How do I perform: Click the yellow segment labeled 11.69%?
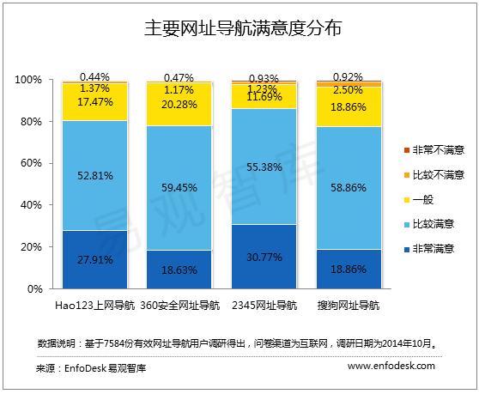[x=264, y=97]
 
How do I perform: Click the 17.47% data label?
[x=94, y=101]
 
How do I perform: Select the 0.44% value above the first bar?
[x=94, y=76]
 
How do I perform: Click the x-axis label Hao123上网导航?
[x=94, y=305]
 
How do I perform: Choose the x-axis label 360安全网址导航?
[x=179, y=305]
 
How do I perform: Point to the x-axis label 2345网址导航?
[x=264, y=305]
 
